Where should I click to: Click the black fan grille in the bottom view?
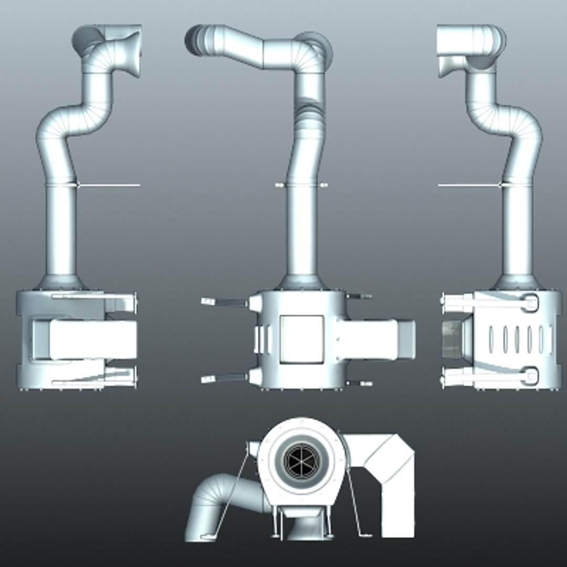pos(300,460)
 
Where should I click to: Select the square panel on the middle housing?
pos(301,339)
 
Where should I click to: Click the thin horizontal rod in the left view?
pos(110,185)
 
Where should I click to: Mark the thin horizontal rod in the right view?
pos(467,185)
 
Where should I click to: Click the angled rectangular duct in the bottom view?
pos(388,472)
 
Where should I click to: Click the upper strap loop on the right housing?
pos(531,303)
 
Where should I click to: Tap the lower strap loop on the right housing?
pos(531,375)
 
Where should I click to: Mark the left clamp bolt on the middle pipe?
pos(278,185)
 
